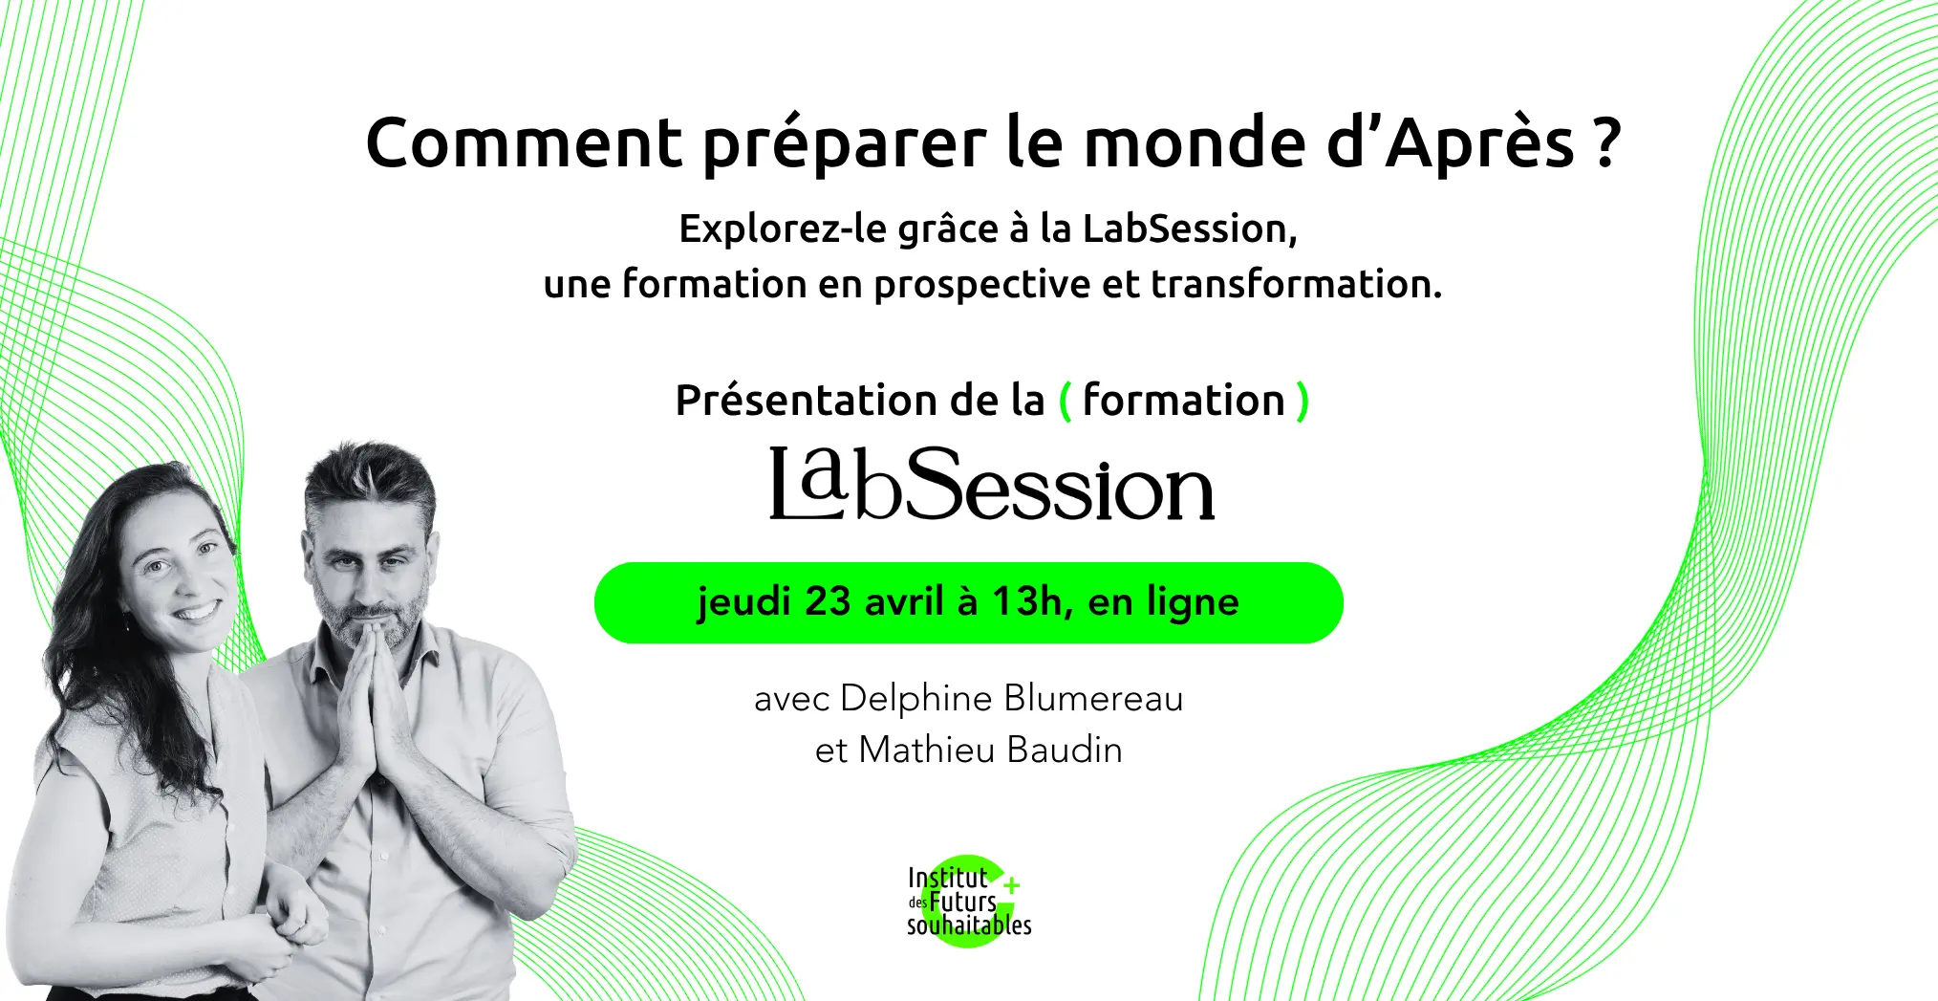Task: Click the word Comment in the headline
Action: click(524, 143)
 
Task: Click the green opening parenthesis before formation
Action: click(1066, 401)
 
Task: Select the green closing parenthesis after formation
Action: click(1302, 401)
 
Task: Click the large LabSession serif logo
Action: click(992, 484)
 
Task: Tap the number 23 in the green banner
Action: click(828, 602)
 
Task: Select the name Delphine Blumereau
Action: click(1011, 699)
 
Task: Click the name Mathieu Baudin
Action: click(990, 751)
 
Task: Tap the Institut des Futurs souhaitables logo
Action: click(968, 902)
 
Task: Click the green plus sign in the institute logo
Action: click(1012, 885)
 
